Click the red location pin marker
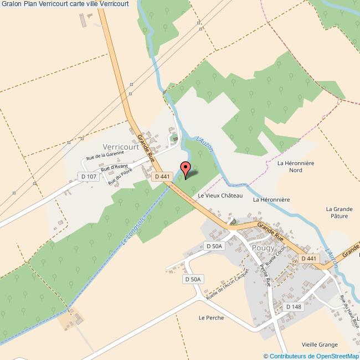[x=185, y=168]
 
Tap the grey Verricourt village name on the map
[x=120, y=147]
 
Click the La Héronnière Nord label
[x=296, y=167]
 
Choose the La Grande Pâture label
[x=340, y=213]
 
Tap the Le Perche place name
[x=211, y=318]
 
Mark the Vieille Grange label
[x=320, y=344]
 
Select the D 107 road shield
[x=89, y=177]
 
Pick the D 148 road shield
[x=294, y=306]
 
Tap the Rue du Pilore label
[x=120, y=177]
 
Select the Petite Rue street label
[x=264, y=273]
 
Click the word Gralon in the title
[x=12, y=4]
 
